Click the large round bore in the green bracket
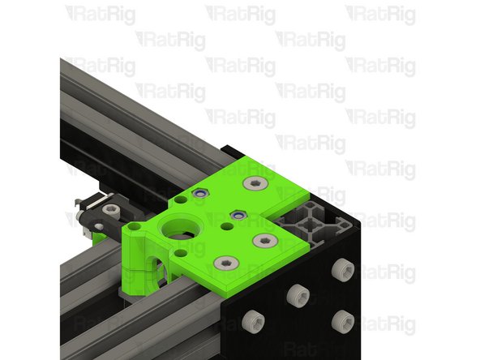point(181,229)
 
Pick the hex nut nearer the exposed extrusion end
point(238,215)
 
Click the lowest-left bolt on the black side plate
point(252,322)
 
